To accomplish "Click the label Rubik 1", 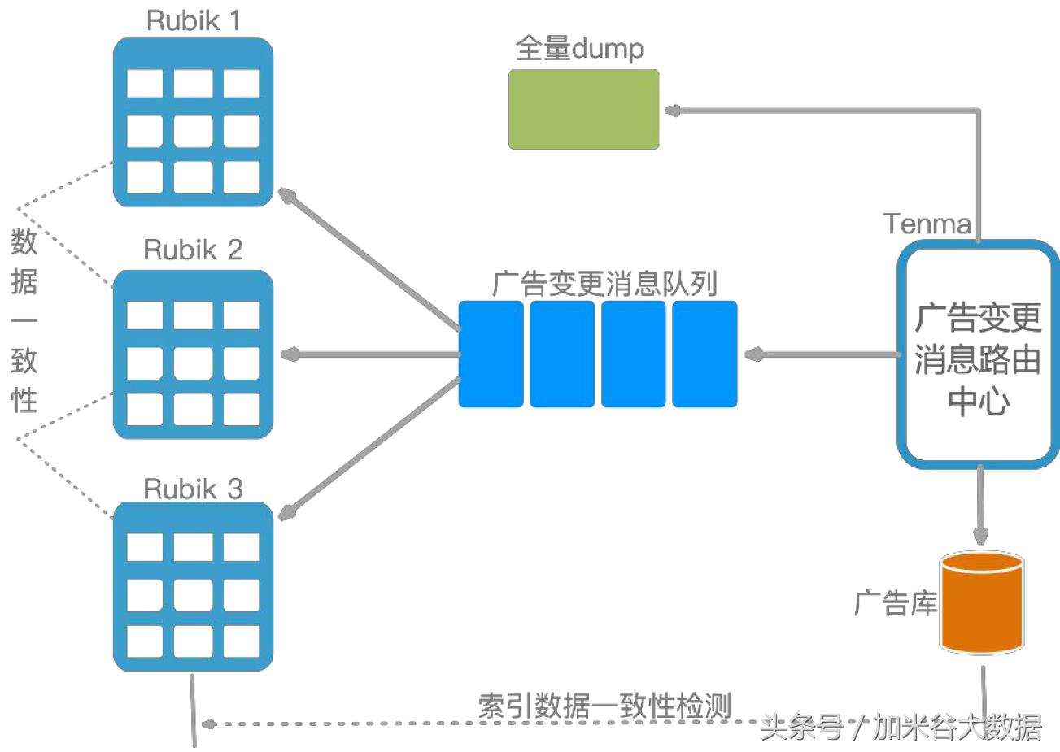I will [x=194, y=20].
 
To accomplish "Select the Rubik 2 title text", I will [x=194, y=250].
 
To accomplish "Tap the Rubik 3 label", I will [x=194, y=489].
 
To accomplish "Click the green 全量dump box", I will [x=583, y=109].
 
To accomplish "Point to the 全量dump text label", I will [x=579, y=49].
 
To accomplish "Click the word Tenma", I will [x=927, y=224].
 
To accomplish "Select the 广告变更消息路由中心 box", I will [x=978, y=354].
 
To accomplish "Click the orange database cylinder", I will [x=981, y=602].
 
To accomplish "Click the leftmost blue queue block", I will [x=491, y=354].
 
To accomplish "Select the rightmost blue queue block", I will [x=704, y=354].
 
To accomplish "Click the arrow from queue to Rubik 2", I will [x=370, y=354].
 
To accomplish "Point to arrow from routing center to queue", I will [x=822, y=354].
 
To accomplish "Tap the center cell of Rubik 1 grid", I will [x=194, y=130].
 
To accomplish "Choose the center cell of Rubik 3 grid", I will [x=194, y=594].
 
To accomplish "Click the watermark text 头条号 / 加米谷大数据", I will [x=901, y=727].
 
